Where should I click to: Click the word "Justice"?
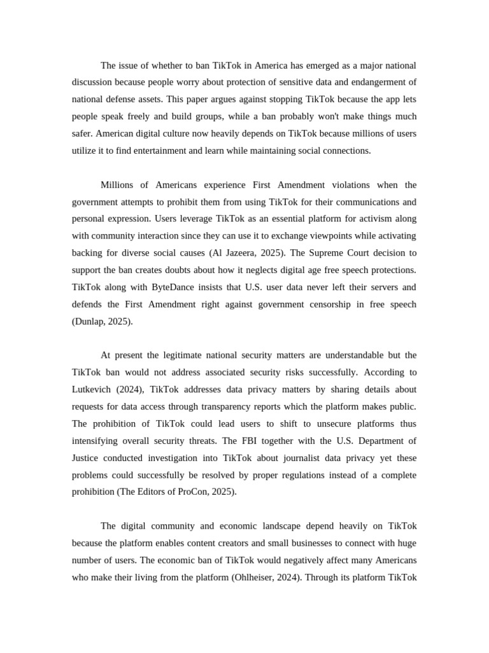[87, 458]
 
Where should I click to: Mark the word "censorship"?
[319, 304]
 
